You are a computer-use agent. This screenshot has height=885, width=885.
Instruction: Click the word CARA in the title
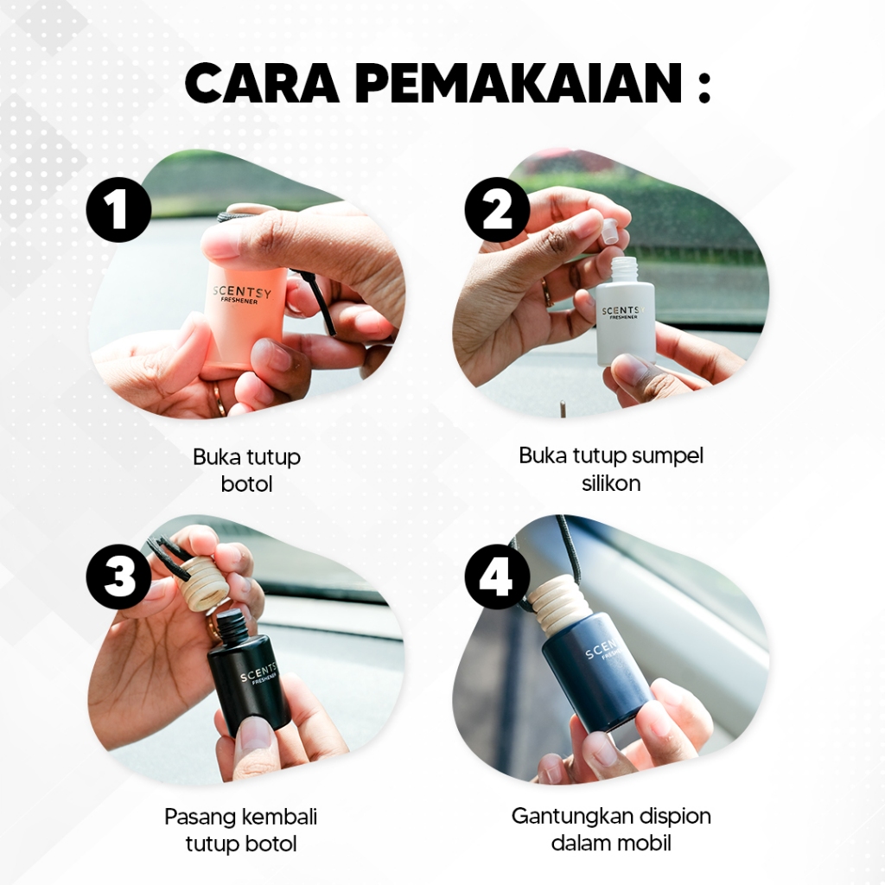pos(262,83)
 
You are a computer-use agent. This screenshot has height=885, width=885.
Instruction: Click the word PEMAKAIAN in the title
pos(519,83)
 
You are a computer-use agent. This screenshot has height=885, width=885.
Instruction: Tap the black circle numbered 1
pos(118,210)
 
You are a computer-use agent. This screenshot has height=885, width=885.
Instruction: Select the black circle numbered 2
pos(497,210)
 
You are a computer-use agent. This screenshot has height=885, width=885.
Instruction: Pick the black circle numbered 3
pos(118,576)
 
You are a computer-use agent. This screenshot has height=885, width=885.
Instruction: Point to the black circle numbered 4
pos(497,576)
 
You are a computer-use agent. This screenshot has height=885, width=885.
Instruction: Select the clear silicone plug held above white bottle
pos(609,231)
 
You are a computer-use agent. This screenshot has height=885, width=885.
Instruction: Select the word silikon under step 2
pos(611,483)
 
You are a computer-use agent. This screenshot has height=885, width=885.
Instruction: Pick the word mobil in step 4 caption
pos(643,844)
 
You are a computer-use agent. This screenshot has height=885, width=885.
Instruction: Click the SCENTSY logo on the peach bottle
pos(242,292)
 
